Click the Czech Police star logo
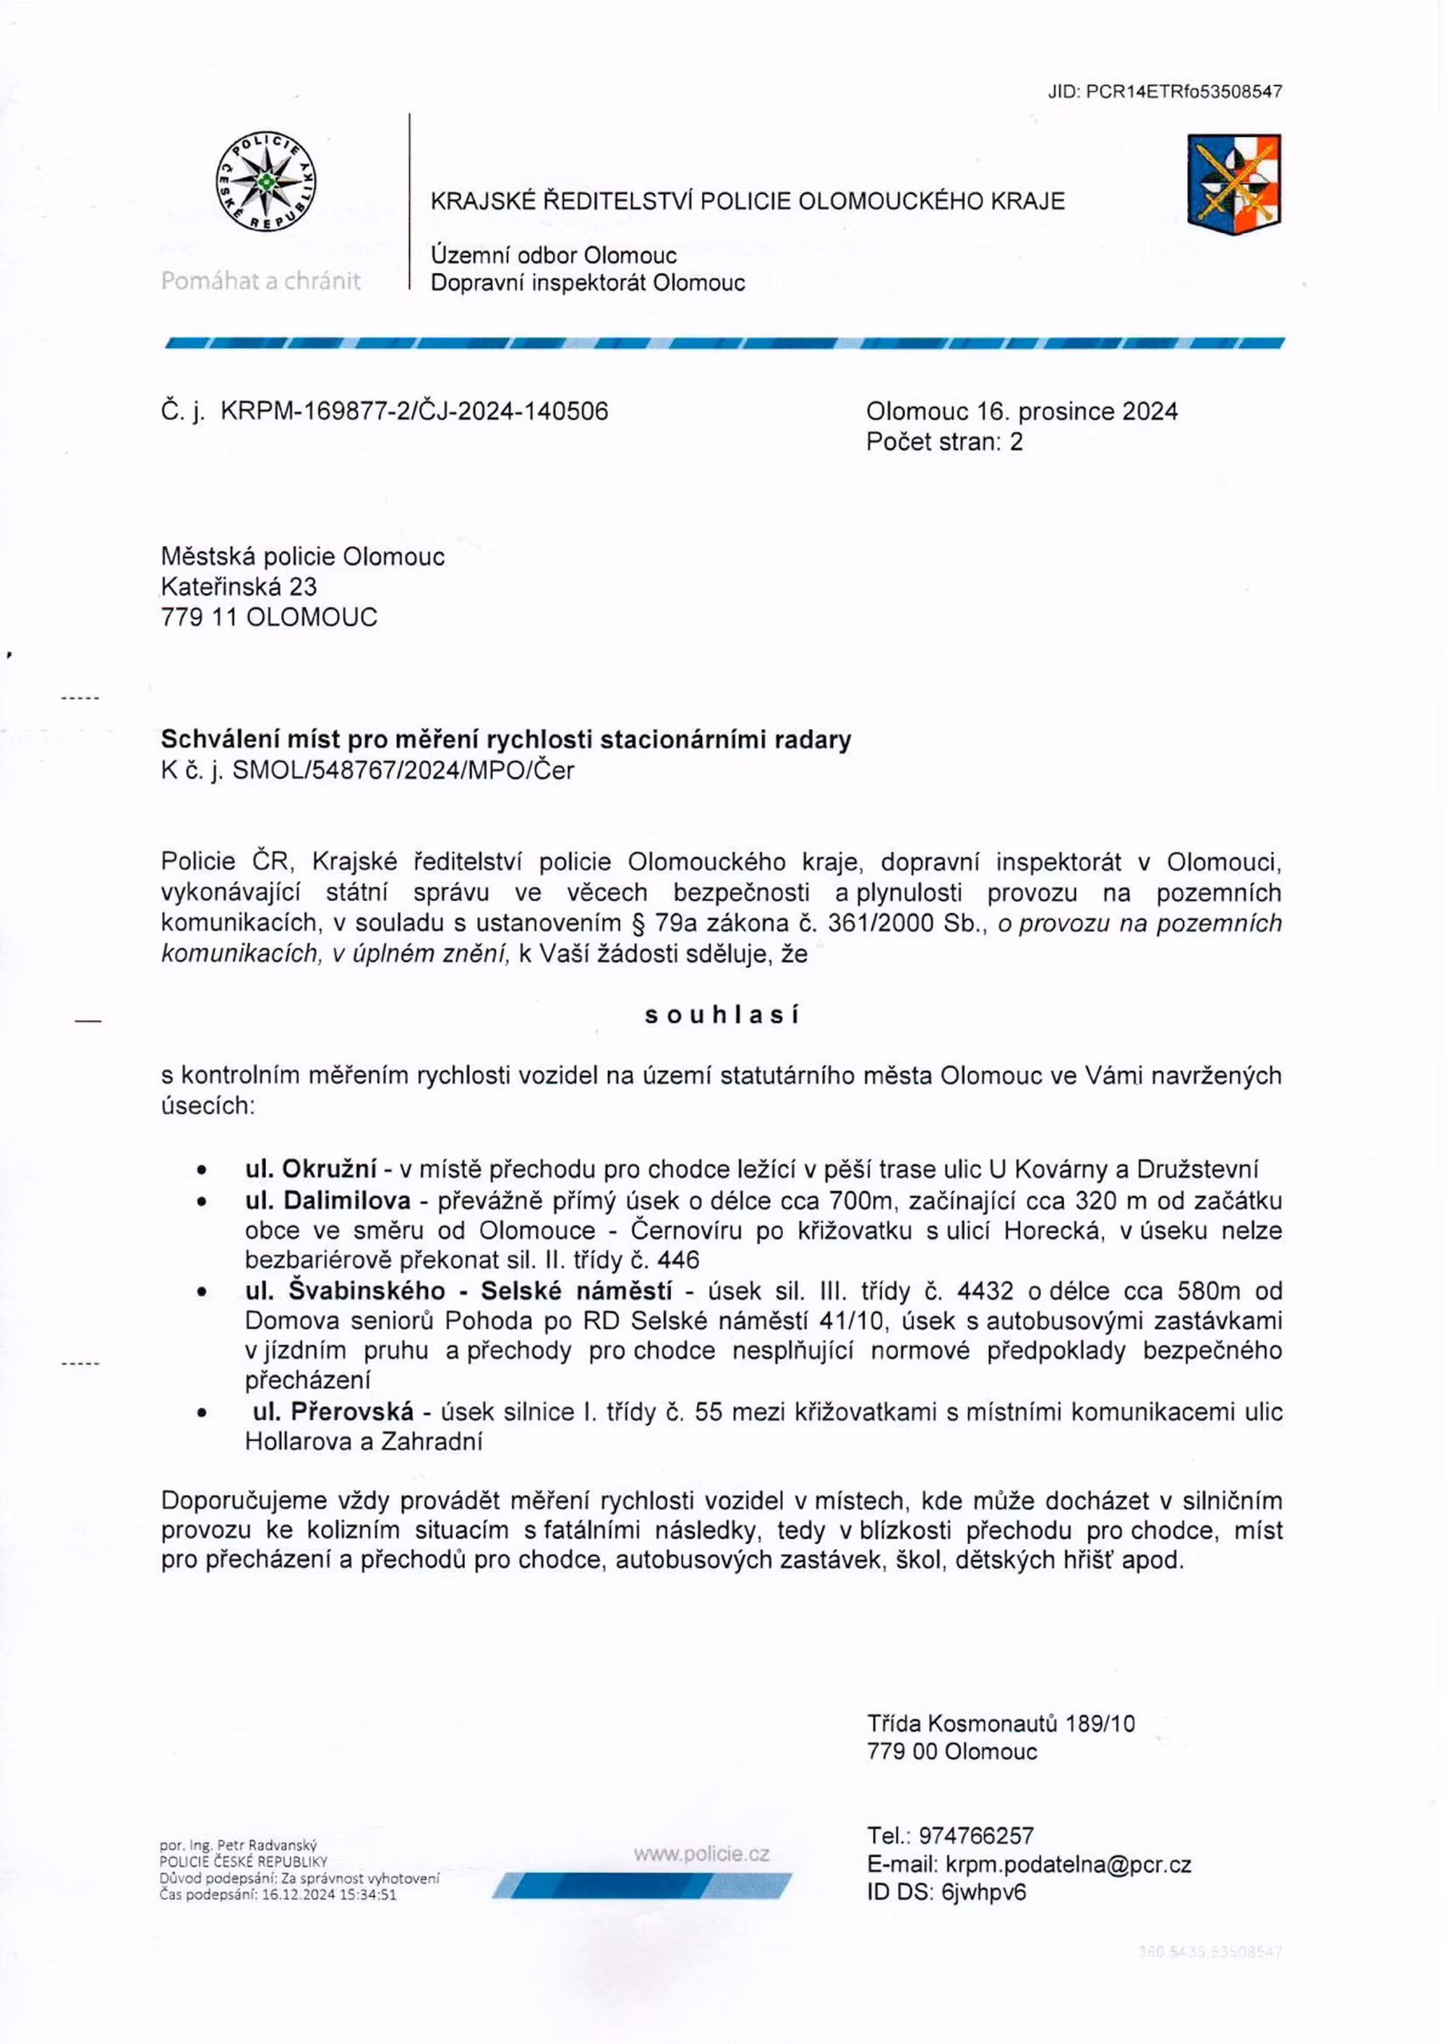click(x=266, y=182)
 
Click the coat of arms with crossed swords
click(x=1234, y=184)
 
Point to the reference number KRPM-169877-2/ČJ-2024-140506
click(x=414, y=411)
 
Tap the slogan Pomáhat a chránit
click(x=261, y=281)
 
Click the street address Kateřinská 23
click(x=239, y=587)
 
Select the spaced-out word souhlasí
click(x=722, y=1015)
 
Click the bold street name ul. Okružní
click(x=312, y=1169)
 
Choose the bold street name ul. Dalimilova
click(x=328, y=1201)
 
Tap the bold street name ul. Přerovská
click(x=333, y=1412)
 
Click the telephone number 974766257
click(x=977, y=1836)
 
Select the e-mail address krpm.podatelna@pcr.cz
click(x=1069, y=1864)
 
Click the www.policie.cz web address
click(x=701, y=1854)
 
